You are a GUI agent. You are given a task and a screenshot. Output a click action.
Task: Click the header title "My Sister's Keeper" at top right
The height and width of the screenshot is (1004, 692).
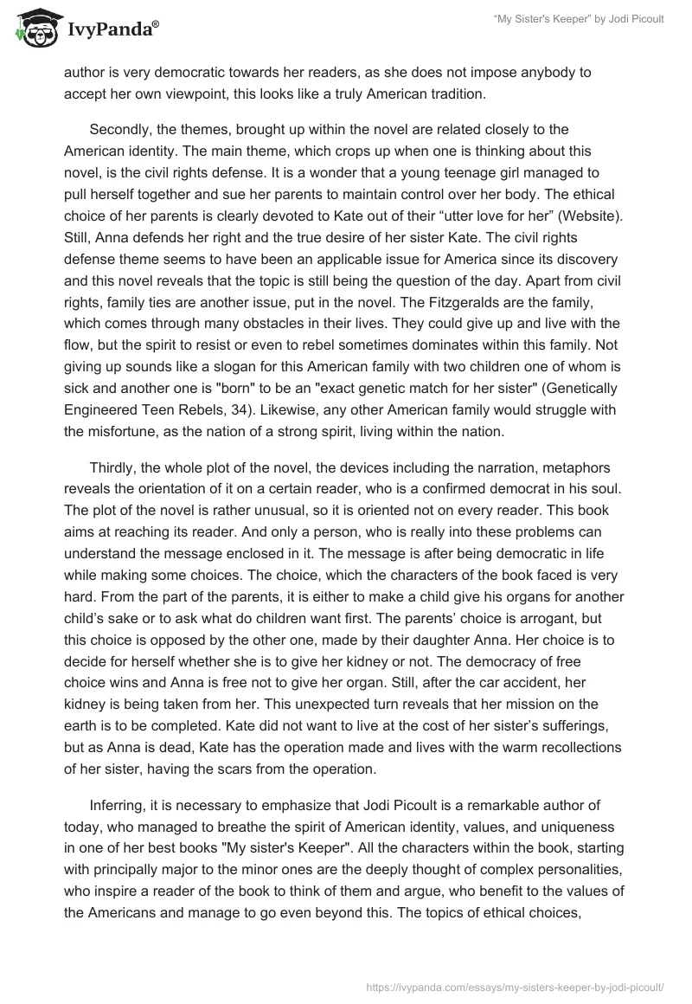tap(578, 19)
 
